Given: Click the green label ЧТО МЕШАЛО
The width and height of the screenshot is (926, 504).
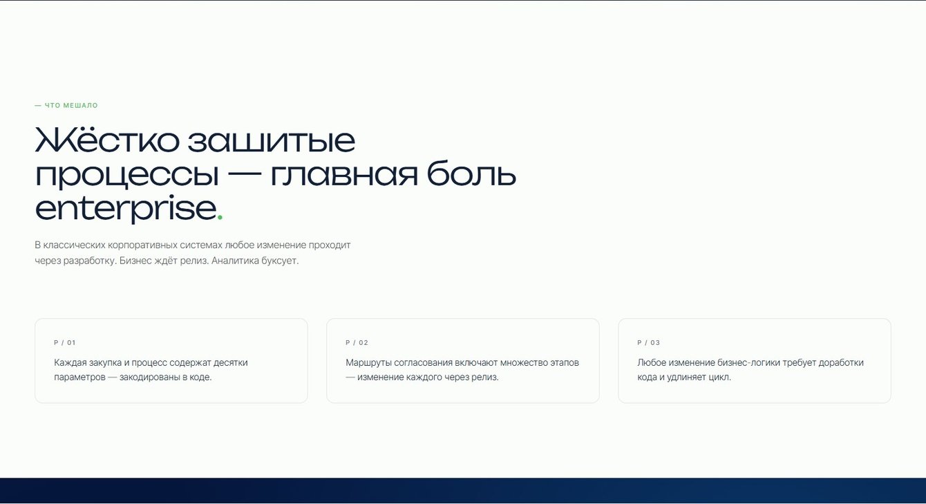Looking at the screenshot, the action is click(71, 105).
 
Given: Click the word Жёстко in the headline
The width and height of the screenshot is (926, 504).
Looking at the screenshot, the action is click(107, 140).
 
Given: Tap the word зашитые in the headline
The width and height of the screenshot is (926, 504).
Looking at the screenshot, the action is click(272, 141).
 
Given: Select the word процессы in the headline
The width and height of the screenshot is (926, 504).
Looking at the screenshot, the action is click(127, 176).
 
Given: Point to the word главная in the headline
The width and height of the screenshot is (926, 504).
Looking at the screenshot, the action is click(344, 174).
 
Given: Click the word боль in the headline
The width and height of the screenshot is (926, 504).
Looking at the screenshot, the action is click(471, 173).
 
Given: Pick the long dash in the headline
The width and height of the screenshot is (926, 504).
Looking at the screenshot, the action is click(245, 174).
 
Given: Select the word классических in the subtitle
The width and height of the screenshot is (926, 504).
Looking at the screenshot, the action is click(75, 245).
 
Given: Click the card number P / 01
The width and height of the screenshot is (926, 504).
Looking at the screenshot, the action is click(65, 343).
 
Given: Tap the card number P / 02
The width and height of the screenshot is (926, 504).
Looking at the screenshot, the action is click(357, 343).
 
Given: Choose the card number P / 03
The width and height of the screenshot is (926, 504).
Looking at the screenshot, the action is click(649, 343).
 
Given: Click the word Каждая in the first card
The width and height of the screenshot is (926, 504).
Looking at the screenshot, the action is click(70, 362).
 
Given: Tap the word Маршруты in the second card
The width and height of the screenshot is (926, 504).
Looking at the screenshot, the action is click(368, 363).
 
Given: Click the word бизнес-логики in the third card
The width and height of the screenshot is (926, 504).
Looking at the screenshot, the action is click(748, 362).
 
